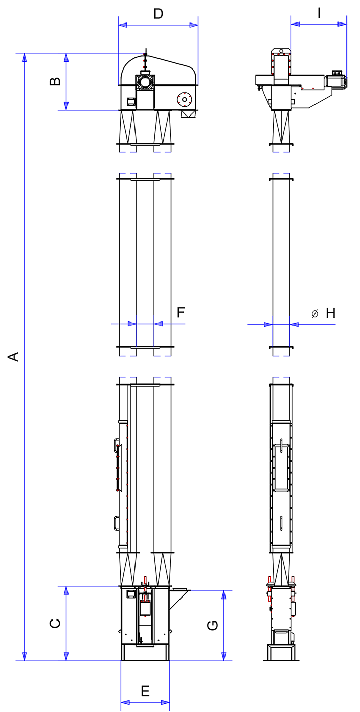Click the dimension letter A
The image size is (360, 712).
[x=13, y=357]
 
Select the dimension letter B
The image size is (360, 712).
[x=55, y=81]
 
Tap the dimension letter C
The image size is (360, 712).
[x=55, y=623]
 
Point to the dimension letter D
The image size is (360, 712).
[x=158, y=14]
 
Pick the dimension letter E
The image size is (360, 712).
[x=145, y=692]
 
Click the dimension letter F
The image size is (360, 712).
[x=181, y=312]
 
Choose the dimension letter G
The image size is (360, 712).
[x=212, y=625]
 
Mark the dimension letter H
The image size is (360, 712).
[x=331, y=313]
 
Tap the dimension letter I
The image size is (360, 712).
[x=319, y=13]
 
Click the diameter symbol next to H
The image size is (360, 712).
[x=315, y=314]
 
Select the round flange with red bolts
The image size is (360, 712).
[x=185, y=100]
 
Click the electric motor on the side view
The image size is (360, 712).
[x=336, y=79]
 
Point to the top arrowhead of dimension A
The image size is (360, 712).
[x=24, y=57]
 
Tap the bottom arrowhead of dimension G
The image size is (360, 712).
[x=223, y=657]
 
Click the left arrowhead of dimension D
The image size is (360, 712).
[x=122, y=25]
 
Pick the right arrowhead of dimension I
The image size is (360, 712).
[x=342, y=24]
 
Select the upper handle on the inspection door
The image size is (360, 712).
[x=116, y=444]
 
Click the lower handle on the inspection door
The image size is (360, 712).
[x=116, y=523]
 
